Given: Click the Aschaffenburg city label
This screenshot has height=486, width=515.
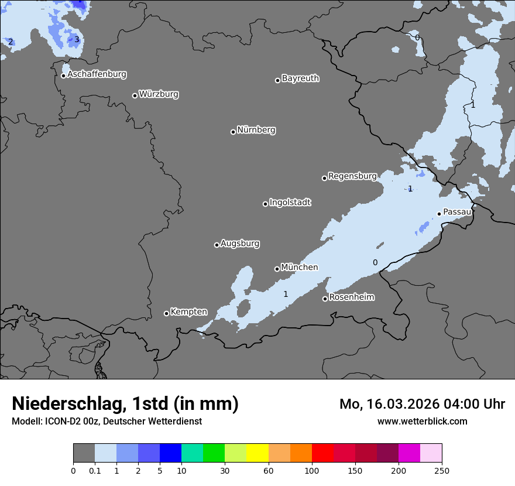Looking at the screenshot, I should tap(97, 74).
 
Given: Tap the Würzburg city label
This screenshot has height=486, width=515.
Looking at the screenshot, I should tap(159, 94).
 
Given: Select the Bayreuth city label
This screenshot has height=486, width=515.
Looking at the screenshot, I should tap(300, 78).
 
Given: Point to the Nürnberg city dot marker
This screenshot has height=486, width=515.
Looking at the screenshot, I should tap(233, 132).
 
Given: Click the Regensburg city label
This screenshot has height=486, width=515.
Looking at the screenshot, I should tap(352, 176).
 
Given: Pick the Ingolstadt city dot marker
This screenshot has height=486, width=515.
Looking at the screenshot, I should tap(265, 204).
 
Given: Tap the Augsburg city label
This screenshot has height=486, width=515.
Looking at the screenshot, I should tap(240, 244).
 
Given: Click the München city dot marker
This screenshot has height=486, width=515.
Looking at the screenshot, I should tap(277, 269).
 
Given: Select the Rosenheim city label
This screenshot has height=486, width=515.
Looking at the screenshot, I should tap(352, 297).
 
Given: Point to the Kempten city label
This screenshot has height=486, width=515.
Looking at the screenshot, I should tap(188, 312).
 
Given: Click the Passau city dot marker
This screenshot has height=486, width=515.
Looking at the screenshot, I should tap(439, 214).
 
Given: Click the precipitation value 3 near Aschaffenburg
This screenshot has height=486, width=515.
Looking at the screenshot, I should tap(76, 40).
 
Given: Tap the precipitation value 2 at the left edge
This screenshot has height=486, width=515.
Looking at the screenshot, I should tap(11, 42).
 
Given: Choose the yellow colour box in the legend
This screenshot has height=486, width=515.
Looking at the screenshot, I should tap(257, 453).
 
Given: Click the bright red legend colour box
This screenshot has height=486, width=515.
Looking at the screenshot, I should tap(322, 453).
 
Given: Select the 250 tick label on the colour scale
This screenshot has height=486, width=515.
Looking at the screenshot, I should tap(442, 470).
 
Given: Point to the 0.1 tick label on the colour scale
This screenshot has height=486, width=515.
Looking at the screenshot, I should tap(95, 470).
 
